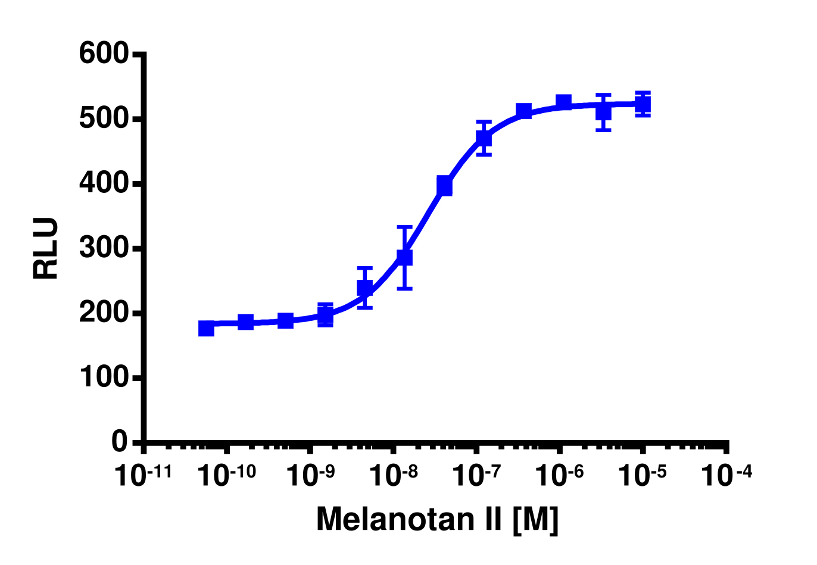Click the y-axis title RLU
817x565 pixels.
point(46,248)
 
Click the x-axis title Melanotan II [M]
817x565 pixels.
point(437,519)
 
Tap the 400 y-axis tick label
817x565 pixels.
point(104,183)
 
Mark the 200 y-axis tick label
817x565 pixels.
point(104,313)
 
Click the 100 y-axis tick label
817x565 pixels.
point(104,377)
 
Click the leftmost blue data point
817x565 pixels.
point(206,328)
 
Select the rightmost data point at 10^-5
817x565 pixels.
point(643,105)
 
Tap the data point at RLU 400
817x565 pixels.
point(444,186)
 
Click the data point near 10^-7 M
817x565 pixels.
point(484,138)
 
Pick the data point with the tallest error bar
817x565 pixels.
point(404,257)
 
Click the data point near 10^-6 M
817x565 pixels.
point(563,102)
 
